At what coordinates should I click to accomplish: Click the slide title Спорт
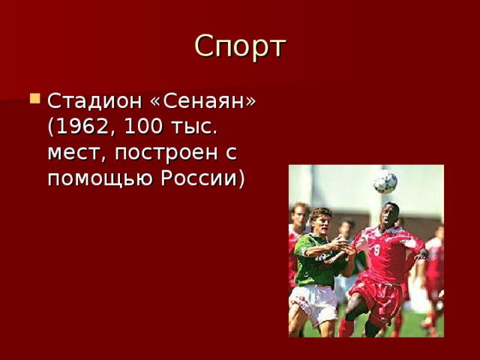(x=240, y=46)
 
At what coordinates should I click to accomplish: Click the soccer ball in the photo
(x=385, y=181)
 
